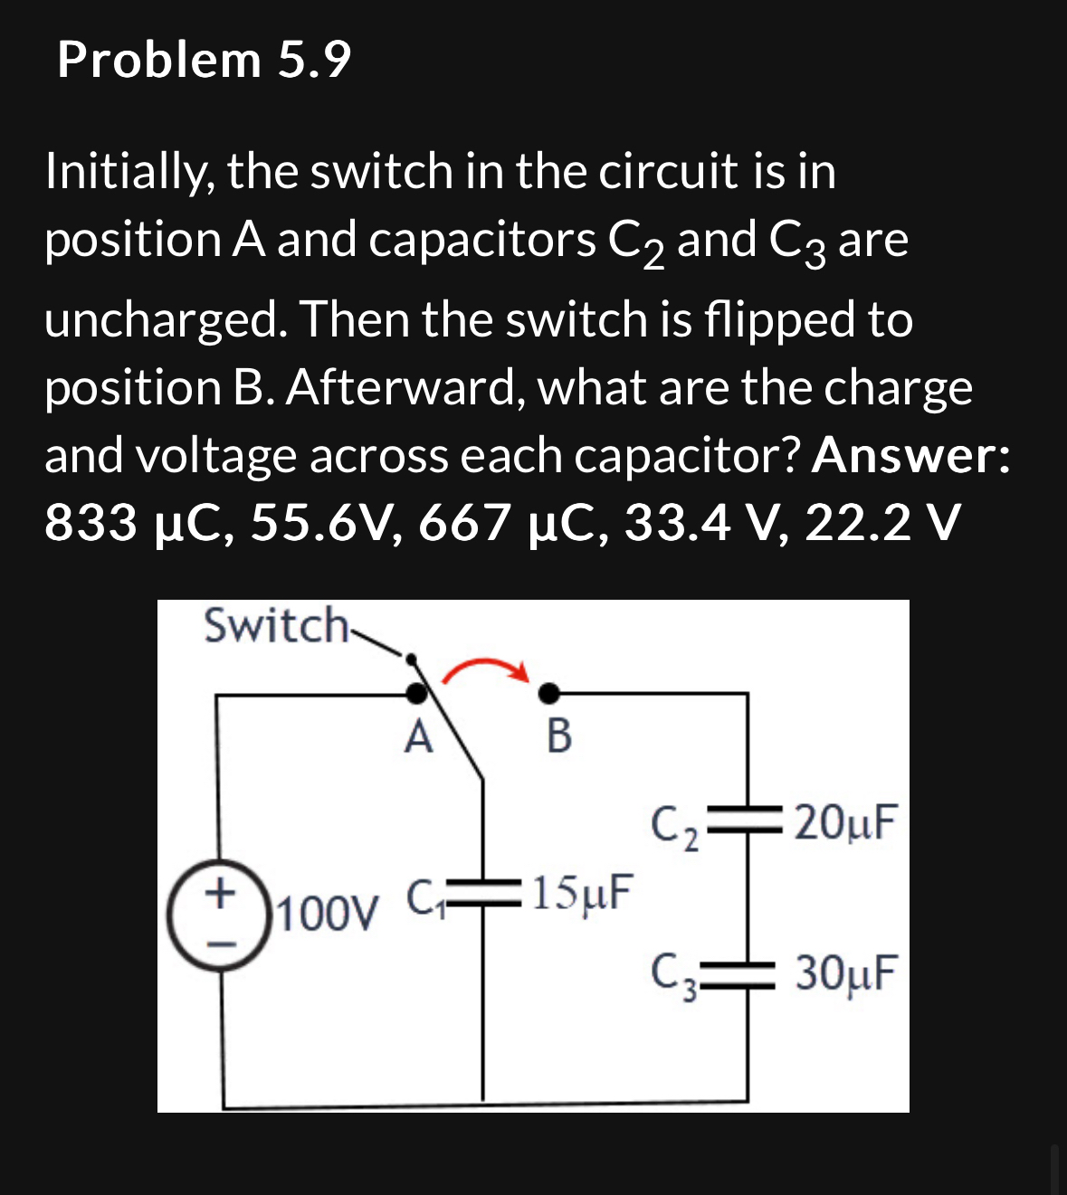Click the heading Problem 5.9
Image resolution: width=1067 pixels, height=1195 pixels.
click(204, 61)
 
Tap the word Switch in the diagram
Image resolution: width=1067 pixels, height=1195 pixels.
click(275, 625)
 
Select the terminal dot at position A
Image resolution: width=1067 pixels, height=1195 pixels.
click(415, 694)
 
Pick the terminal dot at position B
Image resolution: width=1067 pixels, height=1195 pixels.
click(548, 694)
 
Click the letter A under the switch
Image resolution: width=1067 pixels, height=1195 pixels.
click(417, 737)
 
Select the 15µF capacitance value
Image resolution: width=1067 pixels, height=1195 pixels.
click(581, 893)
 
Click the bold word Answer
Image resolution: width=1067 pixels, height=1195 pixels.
click(910, 455)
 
